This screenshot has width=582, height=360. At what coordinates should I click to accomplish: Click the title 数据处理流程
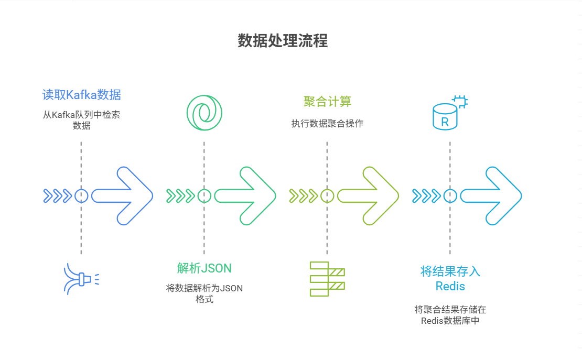[x=283, y=41]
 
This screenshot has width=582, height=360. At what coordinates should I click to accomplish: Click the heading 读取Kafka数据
[x=81, y=95]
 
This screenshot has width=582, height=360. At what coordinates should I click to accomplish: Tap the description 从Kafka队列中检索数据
[x=81, y=119]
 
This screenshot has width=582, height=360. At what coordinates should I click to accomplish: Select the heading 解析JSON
[x=204, y=268]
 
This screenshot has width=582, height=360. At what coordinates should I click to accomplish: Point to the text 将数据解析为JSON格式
[x=204, y=293]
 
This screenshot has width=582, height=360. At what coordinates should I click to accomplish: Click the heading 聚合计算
[x=327, y=101]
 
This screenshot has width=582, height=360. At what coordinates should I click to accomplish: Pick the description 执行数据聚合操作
[x=327, y=124]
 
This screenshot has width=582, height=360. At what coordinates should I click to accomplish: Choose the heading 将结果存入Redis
[x=450, y=278]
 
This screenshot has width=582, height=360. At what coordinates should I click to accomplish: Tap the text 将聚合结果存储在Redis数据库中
[x=450, y=314]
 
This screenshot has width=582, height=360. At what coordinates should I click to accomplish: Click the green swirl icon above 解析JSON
[x=204, y=112]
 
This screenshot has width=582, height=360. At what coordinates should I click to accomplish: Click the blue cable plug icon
[x=80, y=279]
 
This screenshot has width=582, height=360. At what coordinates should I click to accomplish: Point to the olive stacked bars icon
[x=327, y=278]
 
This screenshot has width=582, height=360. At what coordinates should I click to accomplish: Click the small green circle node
[x=204, y=196]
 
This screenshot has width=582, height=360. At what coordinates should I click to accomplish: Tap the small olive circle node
[x=327, y=196]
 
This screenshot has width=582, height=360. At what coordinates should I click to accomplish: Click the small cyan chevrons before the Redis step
[x=426, y=196]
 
